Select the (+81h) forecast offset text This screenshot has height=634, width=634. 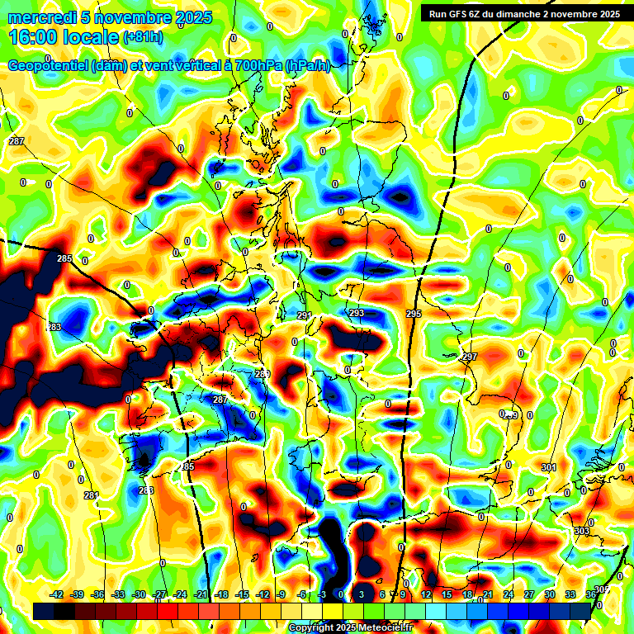(x=142, y=37)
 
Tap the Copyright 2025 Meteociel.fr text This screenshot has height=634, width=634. (x=350, y=628)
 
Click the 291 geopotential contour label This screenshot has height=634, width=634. (x=304, y=315)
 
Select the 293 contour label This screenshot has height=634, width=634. (x=357, y=313)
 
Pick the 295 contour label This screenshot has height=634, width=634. (x=414, y=314)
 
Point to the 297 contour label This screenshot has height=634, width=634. (x=470, y=357)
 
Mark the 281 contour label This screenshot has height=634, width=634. (x=91, y=495)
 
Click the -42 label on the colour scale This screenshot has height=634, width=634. (x=57, y=594)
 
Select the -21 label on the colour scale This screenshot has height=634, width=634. (x=201, y=594)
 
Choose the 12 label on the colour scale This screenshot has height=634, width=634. (x=426, y=594)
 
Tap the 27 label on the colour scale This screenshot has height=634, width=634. (x=528, y=594)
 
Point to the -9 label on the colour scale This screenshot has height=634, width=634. (x=282, y=594)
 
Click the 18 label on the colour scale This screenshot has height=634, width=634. (x=466, y=594)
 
